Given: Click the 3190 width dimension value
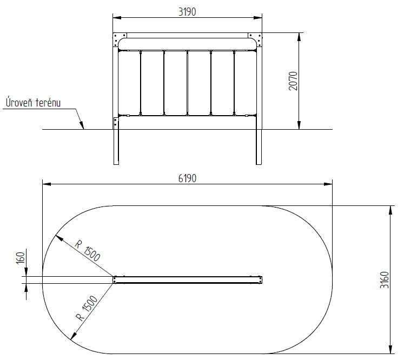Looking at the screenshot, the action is [187, 12].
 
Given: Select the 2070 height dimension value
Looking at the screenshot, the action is [293, 81].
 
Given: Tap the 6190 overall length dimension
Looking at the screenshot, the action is [187, 178].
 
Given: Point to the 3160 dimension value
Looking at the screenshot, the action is [384, 279].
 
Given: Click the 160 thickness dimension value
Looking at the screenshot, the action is [21, 258].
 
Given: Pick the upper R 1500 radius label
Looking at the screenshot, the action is [88, 251].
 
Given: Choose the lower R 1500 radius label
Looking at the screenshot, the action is [87, 308].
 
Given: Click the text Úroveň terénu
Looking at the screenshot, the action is [33, 102].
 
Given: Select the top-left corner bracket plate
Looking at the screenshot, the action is [120, 39].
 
